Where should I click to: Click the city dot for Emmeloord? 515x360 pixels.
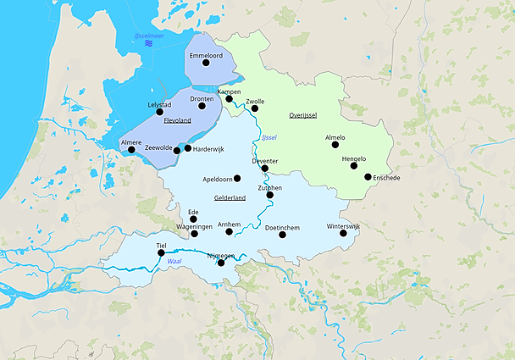tap(205, 63)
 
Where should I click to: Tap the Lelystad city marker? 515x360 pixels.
tap(159, 112)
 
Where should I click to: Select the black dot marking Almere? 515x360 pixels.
tap(131, 150)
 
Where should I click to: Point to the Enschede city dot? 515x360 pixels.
tap(368, 177)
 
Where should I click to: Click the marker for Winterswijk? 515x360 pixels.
tap(343, 233)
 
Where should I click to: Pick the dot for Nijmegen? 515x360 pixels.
tap(221, 263)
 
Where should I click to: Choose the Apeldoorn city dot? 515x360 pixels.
tap(237, 179)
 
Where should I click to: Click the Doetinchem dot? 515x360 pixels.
tap(282, 234)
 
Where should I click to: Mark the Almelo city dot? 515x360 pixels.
tap(335, 144)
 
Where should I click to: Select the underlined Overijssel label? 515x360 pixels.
tap(302, 114)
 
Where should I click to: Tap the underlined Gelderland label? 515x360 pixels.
tap(230, 197)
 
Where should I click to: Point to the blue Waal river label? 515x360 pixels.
tap(174, 262)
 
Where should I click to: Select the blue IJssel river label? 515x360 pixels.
tap(269, 137)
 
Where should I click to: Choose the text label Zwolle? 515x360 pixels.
tap(255, 101)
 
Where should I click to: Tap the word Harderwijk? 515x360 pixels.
tap(208, 148)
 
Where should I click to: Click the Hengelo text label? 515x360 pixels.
tap(353, 158)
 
